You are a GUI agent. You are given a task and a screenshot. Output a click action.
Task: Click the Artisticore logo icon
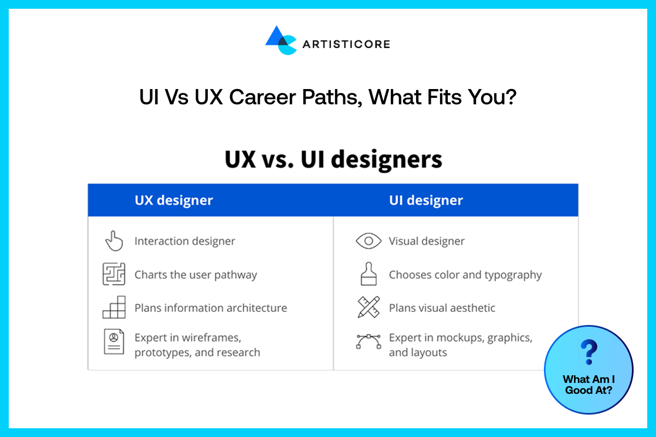coord(280,40)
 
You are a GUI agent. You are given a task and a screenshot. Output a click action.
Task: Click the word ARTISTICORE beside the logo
coord(346,44)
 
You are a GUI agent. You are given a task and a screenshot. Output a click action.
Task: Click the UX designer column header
coord(174,200)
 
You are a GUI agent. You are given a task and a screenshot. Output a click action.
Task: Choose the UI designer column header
coord(426,200)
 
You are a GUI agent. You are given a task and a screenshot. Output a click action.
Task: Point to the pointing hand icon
coord(114,241)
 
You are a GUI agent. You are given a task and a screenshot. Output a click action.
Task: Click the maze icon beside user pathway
coord(114,274)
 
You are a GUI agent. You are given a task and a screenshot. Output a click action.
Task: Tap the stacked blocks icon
coord(114,308)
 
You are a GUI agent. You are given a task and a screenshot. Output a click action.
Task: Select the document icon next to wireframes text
coord(114,341)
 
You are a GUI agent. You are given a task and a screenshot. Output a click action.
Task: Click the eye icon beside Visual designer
coord(368,241)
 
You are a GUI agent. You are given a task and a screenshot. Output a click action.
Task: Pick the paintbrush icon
coord(368,274)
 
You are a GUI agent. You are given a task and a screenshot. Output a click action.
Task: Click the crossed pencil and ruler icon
coord(368,308)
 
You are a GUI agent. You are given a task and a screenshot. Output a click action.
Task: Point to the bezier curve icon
coord(368,341)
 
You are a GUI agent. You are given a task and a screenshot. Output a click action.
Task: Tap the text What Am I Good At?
coord(589,385)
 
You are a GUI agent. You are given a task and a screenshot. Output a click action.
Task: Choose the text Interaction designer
coord(185,241)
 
